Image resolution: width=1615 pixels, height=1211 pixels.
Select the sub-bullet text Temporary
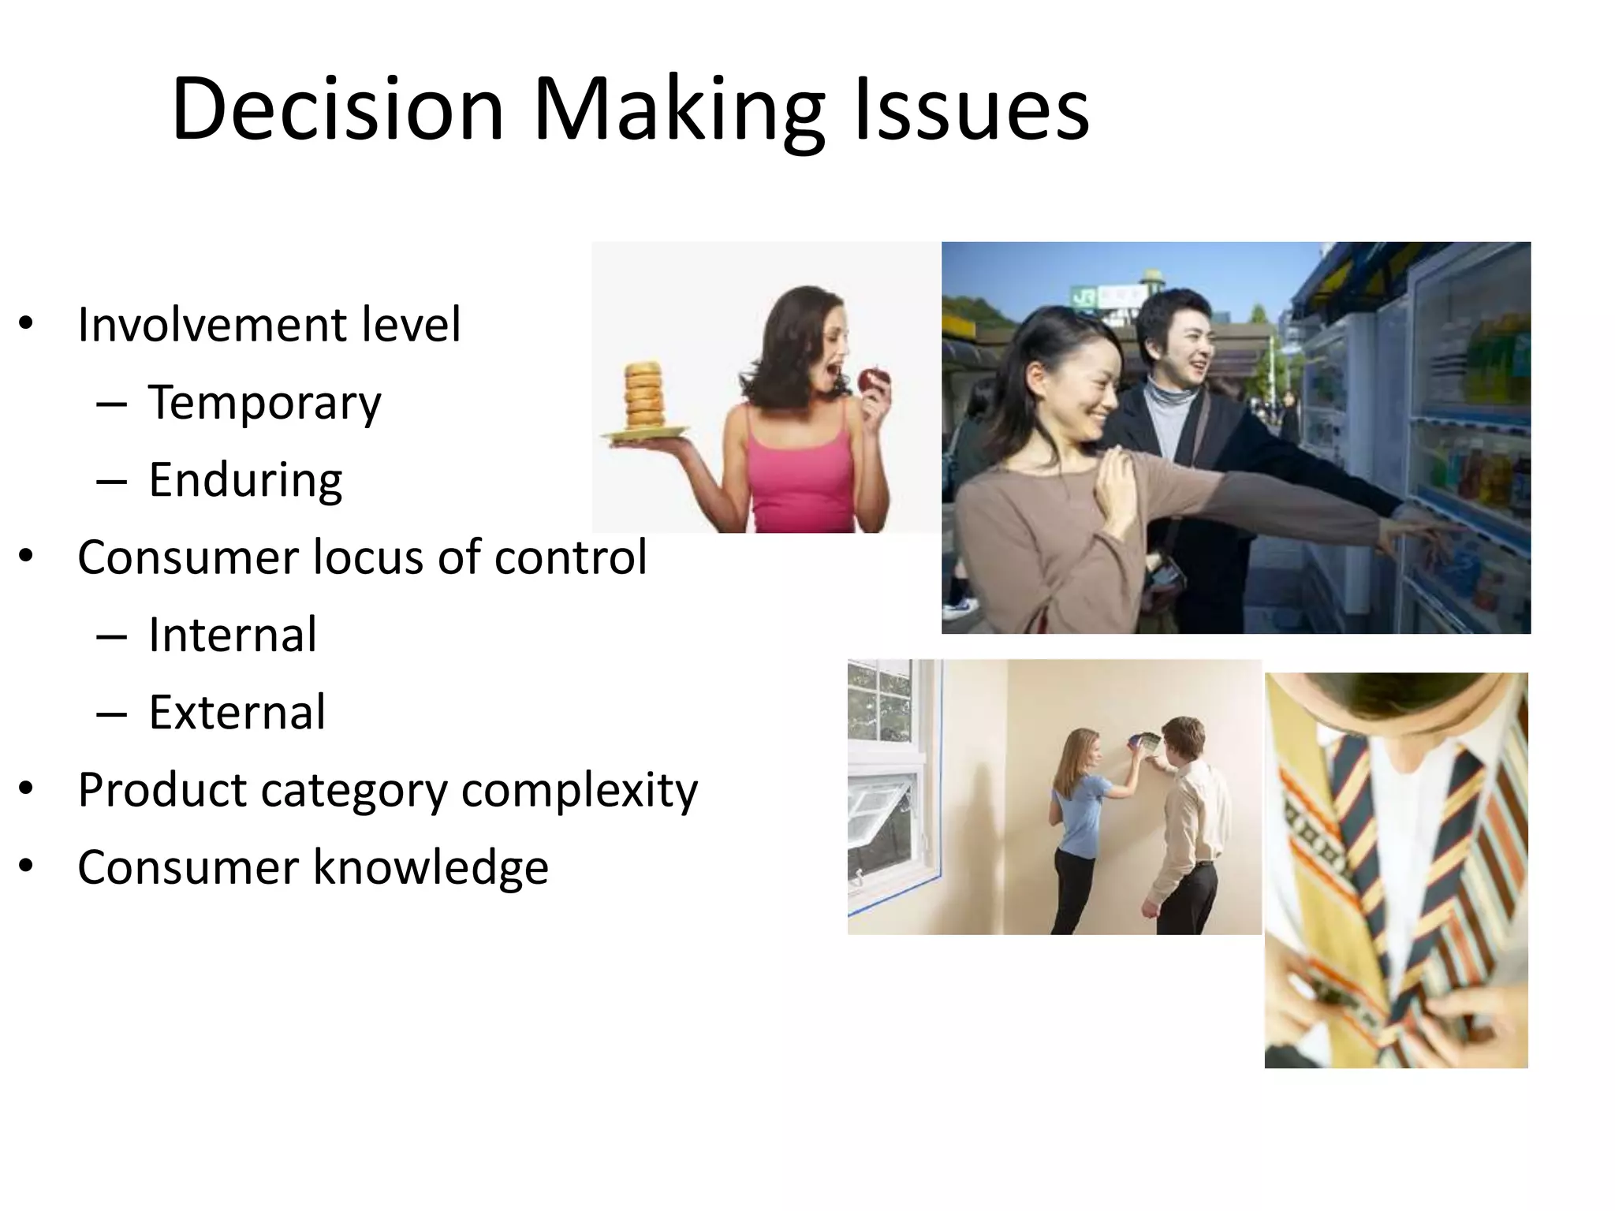click(x=264, y=403)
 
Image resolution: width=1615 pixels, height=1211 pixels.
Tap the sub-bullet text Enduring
click(x=245, y=480)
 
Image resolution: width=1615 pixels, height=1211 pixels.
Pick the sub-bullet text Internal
click(x=233, y=635)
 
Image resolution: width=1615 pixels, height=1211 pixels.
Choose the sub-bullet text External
click(x=237, y=712)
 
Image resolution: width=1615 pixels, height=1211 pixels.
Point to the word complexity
click(x=580, y=790)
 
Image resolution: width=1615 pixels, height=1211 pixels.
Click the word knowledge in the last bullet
click(x=431, y=867)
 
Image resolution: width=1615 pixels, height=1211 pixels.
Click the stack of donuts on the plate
click(x=645, y=395)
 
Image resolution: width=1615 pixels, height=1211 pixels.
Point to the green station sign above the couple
click(x=1107, y=296)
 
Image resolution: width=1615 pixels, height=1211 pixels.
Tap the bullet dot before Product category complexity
click(x=26, y=789)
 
